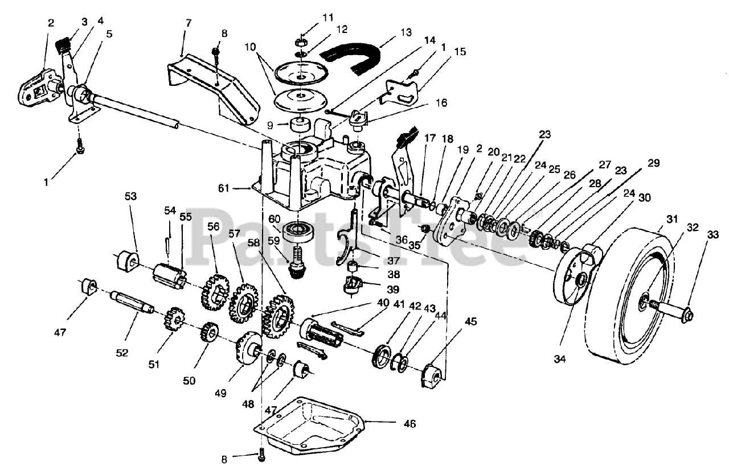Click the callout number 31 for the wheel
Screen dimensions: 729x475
coord(671,219)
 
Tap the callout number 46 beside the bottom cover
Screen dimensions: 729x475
coord(409,424)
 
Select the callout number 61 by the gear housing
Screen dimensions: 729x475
coord(224,188)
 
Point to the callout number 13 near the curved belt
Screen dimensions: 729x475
coord(406,32)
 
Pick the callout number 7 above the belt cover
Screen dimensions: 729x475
coord(189,23)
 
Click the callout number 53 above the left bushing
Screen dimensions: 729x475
coord(130,196)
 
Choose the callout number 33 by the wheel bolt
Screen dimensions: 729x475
coord(712,234)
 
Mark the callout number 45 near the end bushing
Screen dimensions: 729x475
coord(470,321)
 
